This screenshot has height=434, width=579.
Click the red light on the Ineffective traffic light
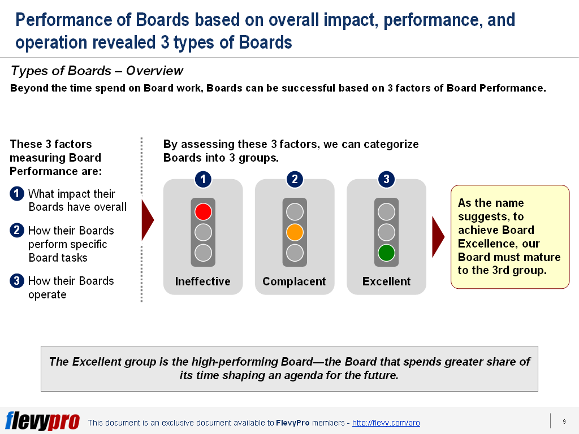point(203,212)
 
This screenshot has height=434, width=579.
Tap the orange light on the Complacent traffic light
point(295,232)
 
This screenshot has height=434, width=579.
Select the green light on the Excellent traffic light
point(386,253)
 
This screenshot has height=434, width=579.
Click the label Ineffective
point(202,281)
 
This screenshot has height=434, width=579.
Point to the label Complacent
point(294,281)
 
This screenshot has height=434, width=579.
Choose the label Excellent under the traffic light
point(386,281)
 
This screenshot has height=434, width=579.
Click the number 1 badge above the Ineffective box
point(203,180)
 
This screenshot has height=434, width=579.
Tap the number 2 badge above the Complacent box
point(295,180)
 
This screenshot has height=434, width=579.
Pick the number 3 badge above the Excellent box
point(386,180)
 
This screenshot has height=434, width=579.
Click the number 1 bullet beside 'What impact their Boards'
point(17,194)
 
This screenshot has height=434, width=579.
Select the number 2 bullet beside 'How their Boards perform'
point(17,231)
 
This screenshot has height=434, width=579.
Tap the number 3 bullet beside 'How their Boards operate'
point(17,281)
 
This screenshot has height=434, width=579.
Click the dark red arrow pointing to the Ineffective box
point(148,220)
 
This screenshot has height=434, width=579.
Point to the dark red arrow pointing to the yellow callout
point(438,236)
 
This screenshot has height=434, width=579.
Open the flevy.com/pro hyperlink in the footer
point(386,423)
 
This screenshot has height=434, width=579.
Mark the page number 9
point(564,422)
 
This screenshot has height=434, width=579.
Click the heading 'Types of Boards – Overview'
point(97,71)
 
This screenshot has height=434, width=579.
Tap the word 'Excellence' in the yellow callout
point(483,244)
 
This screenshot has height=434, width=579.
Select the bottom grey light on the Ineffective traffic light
point(203,253)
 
